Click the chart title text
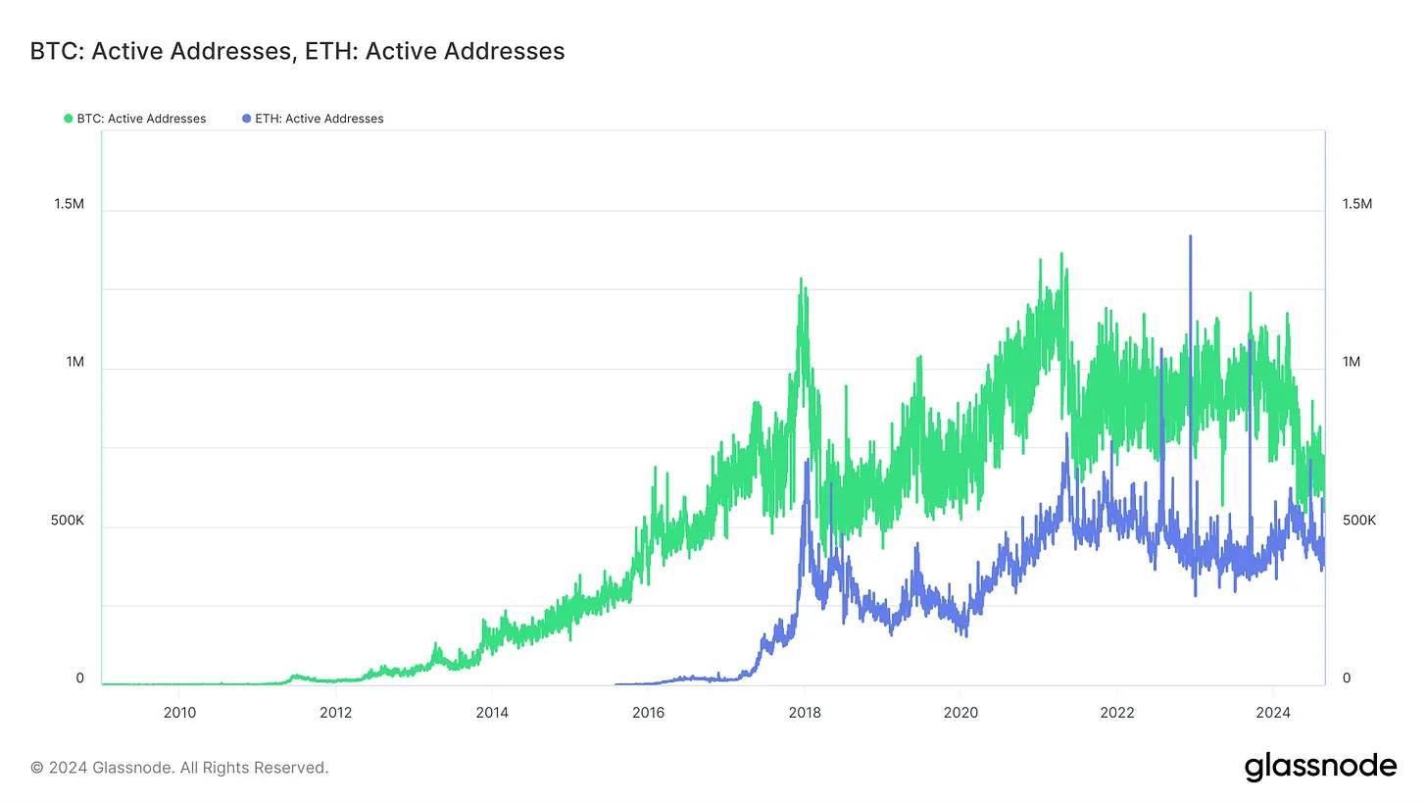(297, 51)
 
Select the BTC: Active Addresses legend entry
(141, 119)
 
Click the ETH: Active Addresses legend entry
(319, 119)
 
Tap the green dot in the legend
(69, 119)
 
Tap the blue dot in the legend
(246, 119)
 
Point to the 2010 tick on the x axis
(178, 713)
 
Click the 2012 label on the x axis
(335, 713)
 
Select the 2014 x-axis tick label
(492, 713)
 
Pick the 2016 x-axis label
(648, 713)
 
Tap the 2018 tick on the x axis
(805, 713)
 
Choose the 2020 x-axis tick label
(960, 713)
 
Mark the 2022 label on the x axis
(1117, 713)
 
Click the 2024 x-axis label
(1273, 713)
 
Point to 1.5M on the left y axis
(69, 204)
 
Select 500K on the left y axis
(68, 521)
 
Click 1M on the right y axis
(1352, 362)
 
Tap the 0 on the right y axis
(1347, 678)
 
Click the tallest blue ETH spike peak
(1190, 236)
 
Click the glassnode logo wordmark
(1320, 767)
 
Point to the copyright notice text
(179, 768)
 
